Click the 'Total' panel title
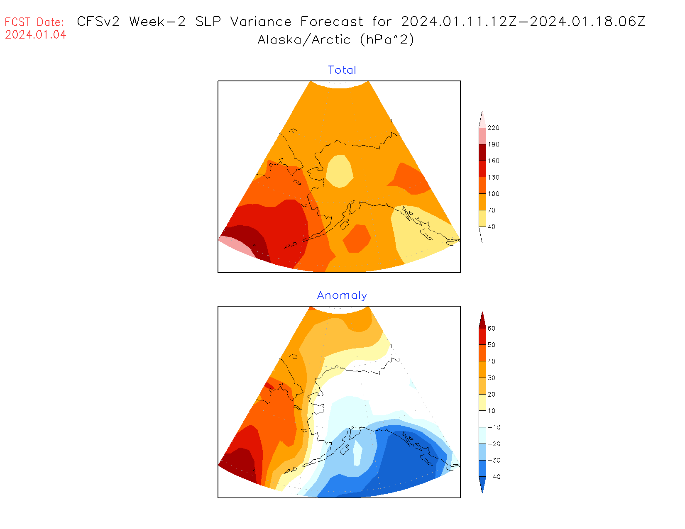tap(342, 70)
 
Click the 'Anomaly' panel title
tap(342, 295)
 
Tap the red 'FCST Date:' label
tap(34, 22)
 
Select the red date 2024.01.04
tap(36, 35)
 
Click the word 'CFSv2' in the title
tap(98, 22)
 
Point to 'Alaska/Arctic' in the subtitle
tap(304, 40)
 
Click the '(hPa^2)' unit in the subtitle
tap(387, 40)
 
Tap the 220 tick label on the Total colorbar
tap(494, 128)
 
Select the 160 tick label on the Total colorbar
tap(494, 161)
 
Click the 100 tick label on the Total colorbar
tap(494, 194)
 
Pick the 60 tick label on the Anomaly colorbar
tap(492, 329)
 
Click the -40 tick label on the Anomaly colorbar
tap(494, 477)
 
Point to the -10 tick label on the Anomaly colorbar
tap(494, 427)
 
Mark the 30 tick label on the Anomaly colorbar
tap(492, 378)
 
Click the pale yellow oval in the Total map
tap(340, 171)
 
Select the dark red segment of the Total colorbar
tap(482, 152)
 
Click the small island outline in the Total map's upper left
tap(294, 131)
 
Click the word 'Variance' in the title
tap(261, 22)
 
